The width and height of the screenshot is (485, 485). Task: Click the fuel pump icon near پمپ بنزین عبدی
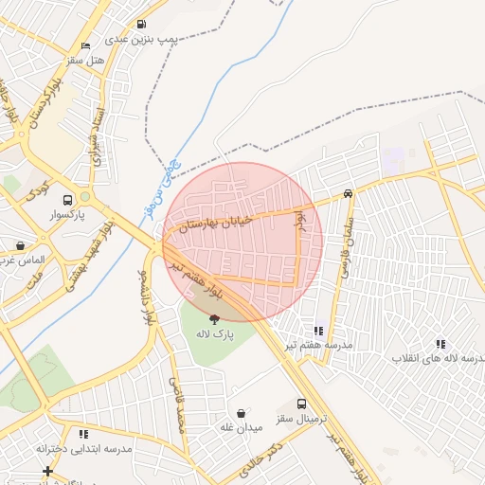point(141,25)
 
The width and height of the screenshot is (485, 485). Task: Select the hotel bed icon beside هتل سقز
point(85,45)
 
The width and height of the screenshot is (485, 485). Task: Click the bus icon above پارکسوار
point(67,201)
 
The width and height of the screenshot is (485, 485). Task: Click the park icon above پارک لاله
point(214,319)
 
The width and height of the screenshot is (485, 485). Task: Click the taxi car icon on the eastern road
point(349,192)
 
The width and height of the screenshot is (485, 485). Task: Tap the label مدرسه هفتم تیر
point(319,346)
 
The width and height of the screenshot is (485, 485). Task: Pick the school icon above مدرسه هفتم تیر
point(318,331)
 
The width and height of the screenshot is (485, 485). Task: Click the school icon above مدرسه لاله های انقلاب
point(440,343)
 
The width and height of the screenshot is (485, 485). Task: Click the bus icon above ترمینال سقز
point(301,404)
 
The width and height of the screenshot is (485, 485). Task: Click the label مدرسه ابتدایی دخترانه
point(84,448)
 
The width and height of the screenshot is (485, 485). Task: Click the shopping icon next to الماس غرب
point(20,245)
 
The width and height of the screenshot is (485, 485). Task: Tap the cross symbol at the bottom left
point(47,471)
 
